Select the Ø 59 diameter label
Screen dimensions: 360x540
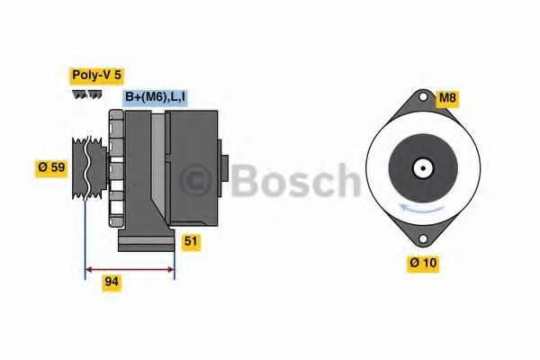(x=50, y=167)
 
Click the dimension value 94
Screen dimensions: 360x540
(x=112, y=282)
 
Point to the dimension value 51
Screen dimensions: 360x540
(x=191, y=242)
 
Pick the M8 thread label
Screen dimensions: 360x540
(x=447, y=98)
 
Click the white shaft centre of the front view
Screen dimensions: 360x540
(x=420, y=167)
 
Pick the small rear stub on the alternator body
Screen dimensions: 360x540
(x=224, y=168)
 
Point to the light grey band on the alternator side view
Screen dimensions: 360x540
(x=158, y=171)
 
